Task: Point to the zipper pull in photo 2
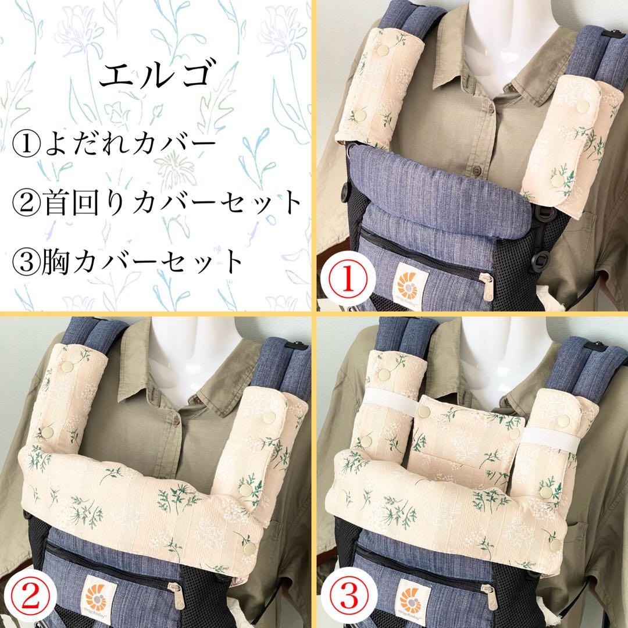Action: tap(176, 594)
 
